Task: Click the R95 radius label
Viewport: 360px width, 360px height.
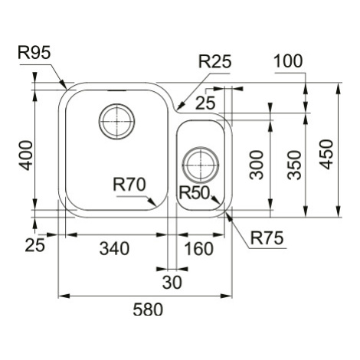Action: [x=34, y=53]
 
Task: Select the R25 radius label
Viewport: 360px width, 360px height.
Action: [x=215, y=61]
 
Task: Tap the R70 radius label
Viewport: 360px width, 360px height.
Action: [x=129, y=185]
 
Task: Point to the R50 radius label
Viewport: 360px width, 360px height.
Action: [x=195, y=193]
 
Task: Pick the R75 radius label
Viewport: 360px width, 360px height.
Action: [x=267, y=238]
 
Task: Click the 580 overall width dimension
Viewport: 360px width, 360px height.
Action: [x=148, y=309]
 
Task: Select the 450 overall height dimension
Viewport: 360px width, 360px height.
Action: [x=327, y=155]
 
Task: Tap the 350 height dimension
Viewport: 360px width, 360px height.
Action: [x=294, y=165]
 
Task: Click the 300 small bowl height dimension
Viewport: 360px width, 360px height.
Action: [x=257, y=165]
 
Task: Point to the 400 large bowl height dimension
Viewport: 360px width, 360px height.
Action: [x=26, y=155]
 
